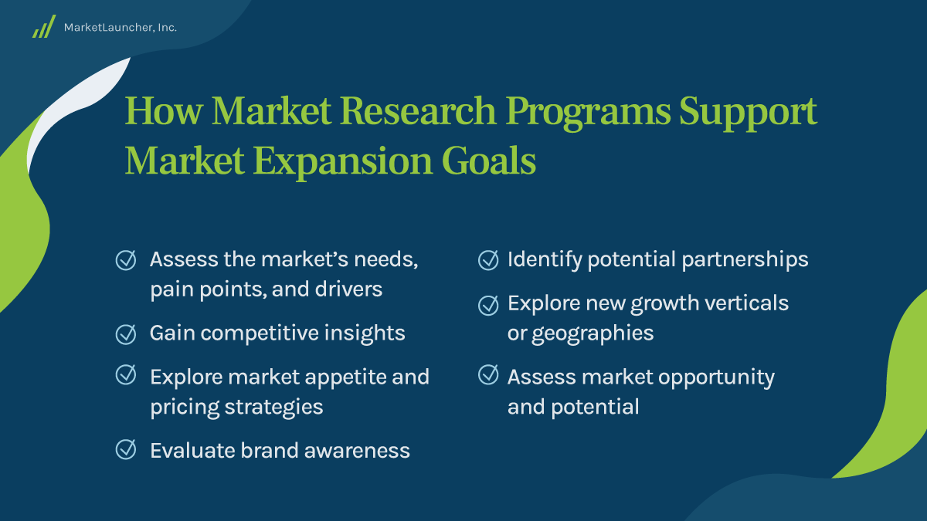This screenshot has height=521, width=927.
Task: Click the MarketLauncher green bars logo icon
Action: (x=43, y=27)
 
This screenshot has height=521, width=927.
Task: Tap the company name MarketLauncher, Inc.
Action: (x=121, y=28)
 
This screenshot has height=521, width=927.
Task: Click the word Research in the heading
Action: (x=419, y=112)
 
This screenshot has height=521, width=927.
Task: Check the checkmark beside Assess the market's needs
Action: (x=125, y=259)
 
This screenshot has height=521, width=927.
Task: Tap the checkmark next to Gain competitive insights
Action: (x=125, y=333)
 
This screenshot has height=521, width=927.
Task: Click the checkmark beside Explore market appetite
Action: (x=125, y=376)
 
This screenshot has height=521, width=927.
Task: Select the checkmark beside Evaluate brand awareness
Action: (x=125, y=449)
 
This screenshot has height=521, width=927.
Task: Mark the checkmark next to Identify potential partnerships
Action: (x=488, y=259)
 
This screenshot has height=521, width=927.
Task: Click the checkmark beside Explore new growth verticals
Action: (x=488, y=304)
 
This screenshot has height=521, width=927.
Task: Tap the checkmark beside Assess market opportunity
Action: (x=488, y=376)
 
